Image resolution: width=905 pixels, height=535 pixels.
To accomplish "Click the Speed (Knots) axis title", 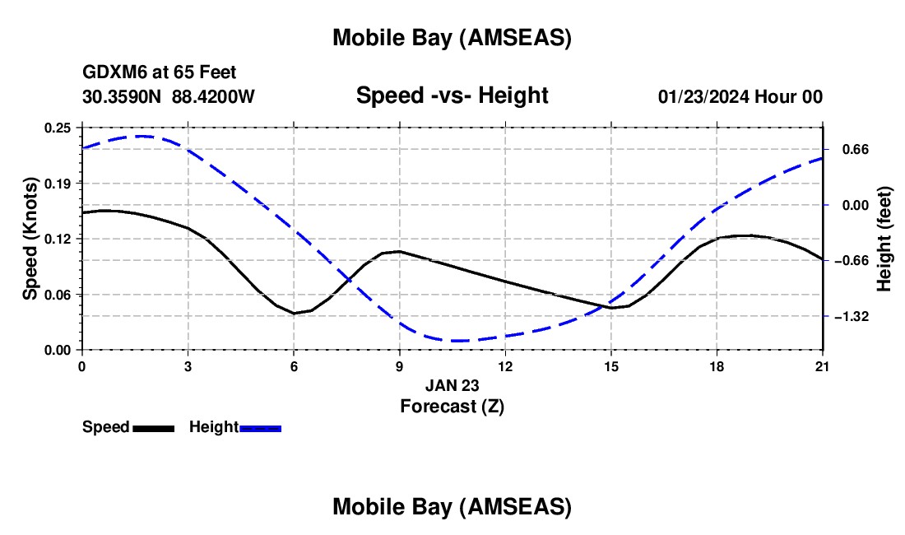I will [30, 239].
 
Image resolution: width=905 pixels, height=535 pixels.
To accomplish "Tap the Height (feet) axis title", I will [884, 239].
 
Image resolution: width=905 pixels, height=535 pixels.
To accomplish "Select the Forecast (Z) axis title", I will [452, 406].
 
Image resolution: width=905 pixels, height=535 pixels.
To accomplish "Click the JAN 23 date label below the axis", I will [452, 385].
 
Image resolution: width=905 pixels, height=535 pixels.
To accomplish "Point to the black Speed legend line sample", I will [153, 427].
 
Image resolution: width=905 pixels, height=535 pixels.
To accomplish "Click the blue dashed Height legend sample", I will [261, 427].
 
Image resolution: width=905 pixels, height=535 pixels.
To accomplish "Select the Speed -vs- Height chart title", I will [452, 95].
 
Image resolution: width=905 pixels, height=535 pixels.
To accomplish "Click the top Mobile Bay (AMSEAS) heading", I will [452, 38].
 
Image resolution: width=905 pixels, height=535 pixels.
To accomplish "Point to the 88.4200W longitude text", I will [213, 97].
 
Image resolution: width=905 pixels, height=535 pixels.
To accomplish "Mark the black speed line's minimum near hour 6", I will [294, 314].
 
